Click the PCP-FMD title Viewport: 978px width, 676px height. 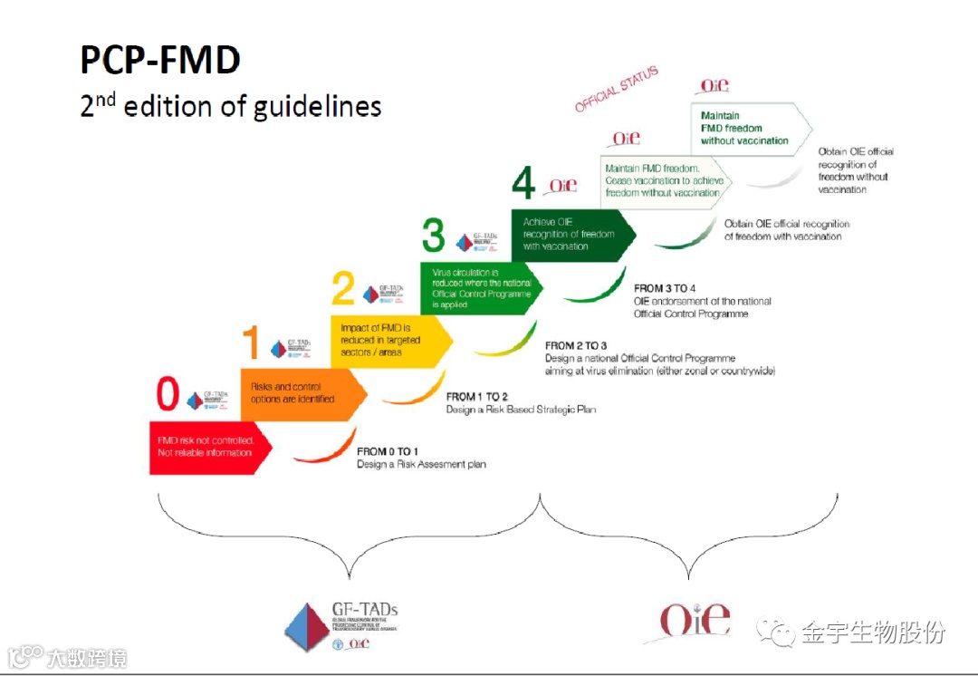tap(160, 60)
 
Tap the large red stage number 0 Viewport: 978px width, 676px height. tap(168, 395)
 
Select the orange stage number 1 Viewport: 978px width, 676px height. tap(252, 344)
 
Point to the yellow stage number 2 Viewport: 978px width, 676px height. tap(343, 290)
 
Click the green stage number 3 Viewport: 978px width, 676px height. tap(435, 237)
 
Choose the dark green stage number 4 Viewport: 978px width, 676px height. tap(523, 184)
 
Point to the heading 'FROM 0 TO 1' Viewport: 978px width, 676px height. tap(388, 450)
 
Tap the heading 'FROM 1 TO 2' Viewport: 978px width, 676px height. tap(477, 397)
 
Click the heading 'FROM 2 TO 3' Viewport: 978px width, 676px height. tap(576, 345)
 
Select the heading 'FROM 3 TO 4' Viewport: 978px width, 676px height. tap(665, 289)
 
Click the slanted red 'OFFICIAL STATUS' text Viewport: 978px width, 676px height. tap(617, 90)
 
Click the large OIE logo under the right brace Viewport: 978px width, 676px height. tap(694, 620)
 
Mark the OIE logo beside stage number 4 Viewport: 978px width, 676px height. tap(563, 185)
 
